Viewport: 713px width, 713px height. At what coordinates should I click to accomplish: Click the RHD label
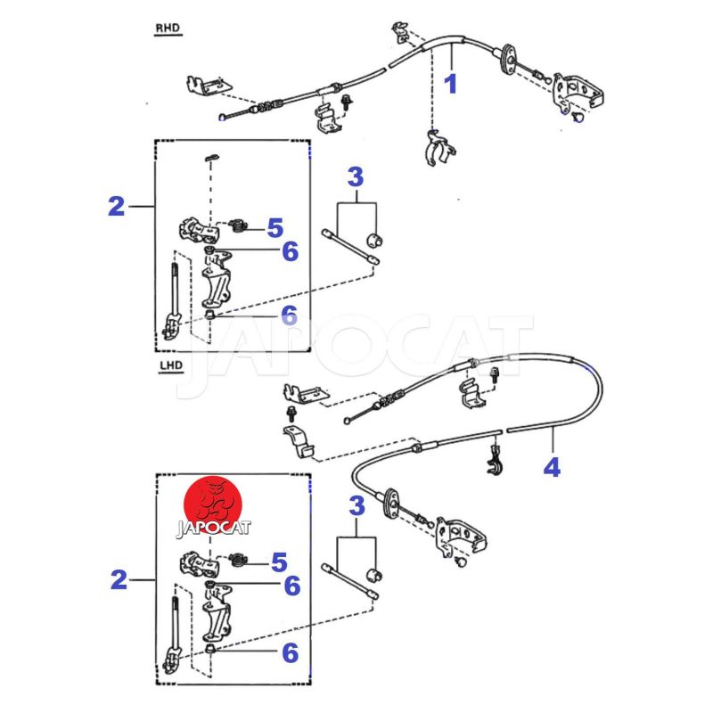point(168,29)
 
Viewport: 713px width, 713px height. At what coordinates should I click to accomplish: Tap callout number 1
point(451,85)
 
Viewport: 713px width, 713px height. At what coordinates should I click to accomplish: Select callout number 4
point(553,466)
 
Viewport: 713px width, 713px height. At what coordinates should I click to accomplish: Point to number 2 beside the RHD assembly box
point(116,206)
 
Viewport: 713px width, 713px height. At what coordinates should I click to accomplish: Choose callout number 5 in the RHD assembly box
point(275,227)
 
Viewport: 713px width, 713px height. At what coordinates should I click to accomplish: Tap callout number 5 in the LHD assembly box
point(279,562)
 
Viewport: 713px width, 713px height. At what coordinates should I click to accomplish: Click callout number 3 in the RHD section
point(356,176)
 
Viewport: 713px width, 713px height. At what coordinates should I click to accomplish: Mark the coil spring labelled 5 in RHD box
point(237,225)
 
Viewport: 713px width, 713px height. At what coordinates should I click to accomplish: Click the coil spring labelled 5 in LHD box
point(237,561)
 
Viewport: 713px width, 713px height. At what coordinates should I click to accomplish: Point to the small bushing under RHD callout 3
point(376,239)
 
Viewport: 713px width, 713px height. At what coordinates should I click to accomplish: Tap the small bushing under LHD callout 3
point(376,570)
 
